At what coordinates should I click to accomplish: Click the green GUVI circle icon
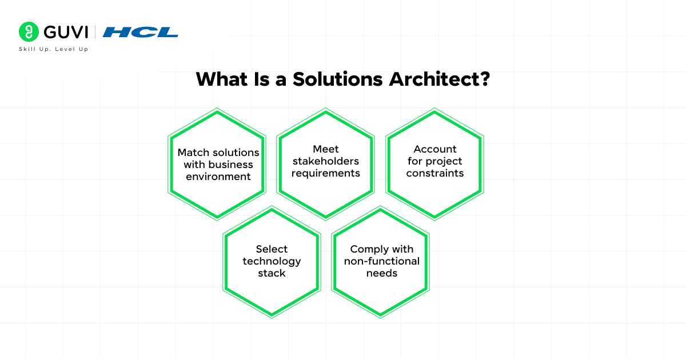(x=28, y=31)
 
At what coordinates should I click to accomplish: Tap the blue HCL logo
(x=141, y=32)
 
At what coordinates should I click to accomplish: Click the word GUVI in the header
(x=63, y=31)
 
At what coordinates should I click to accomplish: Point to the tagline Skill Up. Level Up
(x=54, y=49)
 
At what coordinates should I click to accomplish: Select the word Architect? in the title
(x=439, y=79)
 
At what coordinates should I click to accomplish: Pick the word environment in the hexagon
(x=218, y=177)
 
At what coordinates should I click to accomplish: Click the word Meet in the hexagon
(x=326, y=149)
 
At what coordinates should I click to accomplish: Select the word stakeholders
(x=326, y=161)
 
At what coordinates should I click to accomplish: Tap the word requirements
(x=326, y=173)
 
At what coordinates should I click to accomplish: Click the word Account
(x=435, y=149)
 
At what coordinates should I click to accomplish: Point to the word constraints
(x=435, y=173)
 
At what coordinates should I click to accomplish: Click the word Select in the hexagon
(x=272, y=249)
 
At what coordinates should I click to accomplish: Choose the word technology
(x=272, y=261)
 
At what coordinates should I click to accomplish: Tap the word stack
(x=272, y=273)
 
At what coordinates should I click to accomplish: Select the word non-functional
(x=381, y=261)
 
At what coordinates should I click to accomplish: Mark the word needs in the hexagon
(x=381, y=273)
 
